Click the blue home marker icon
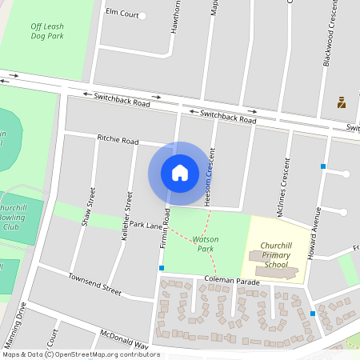[179, 173]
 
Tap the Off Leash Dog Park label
[47, 30]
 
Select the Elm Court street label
[122, 14]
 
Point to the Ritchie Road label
[118, 139]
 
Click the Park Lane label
[146, 226]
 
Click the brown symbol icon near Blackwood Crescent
[341, 102]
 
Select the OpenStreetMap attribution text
[81, 354]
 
